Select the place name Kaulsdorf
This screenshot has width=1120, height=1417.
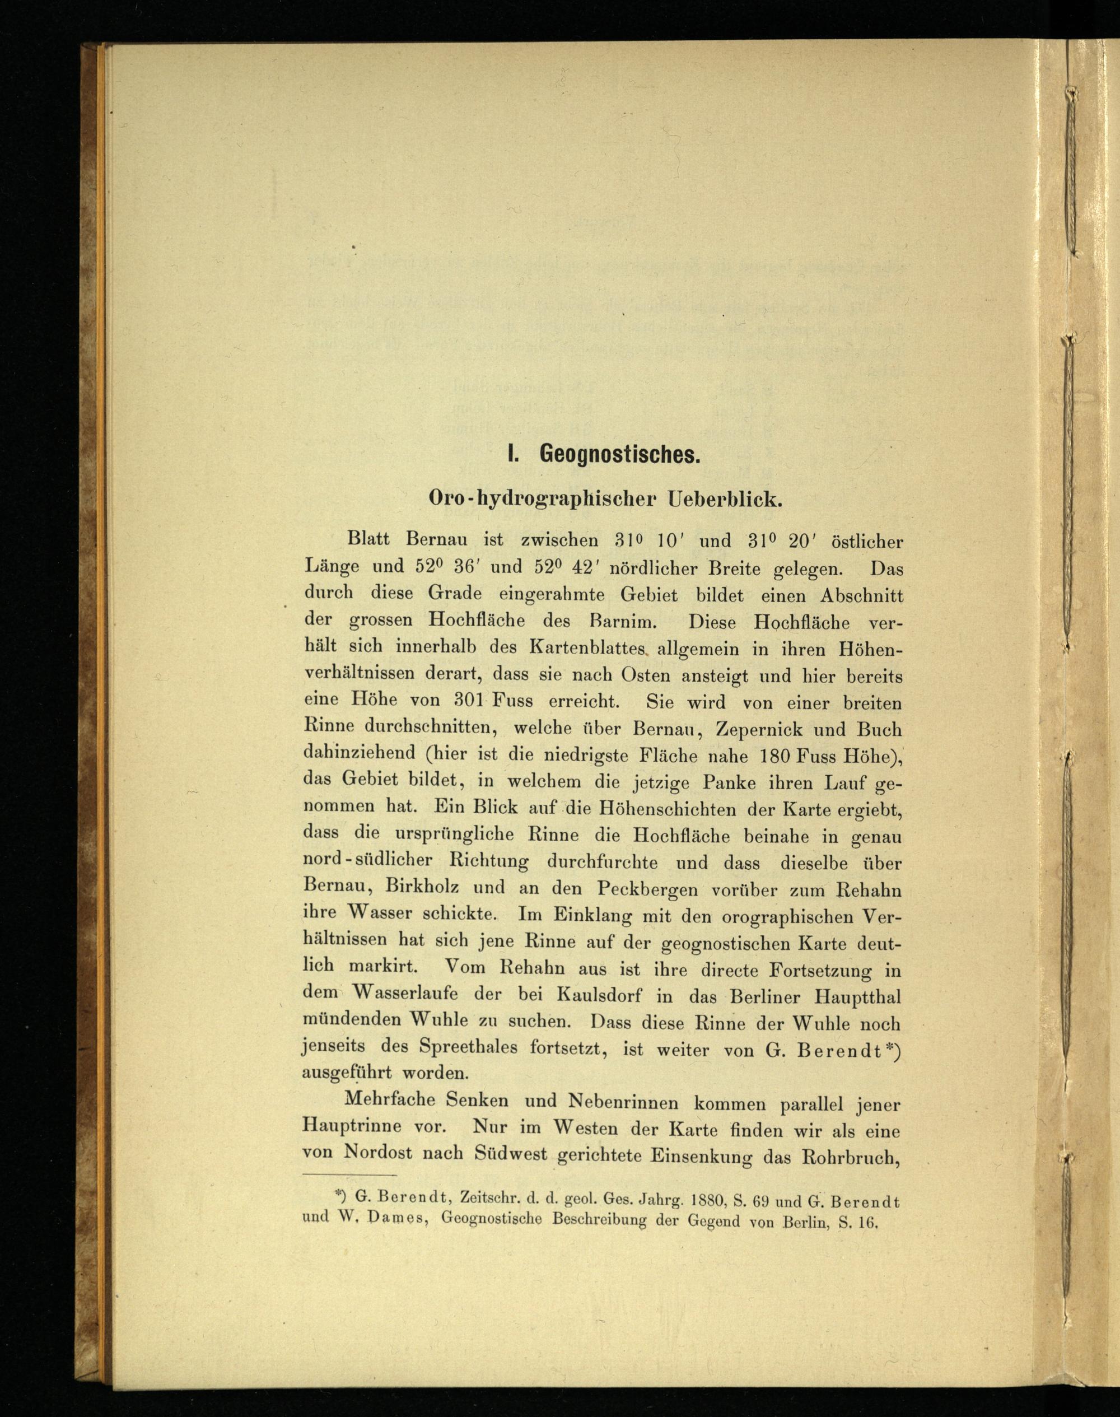(x=598, y=995)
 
